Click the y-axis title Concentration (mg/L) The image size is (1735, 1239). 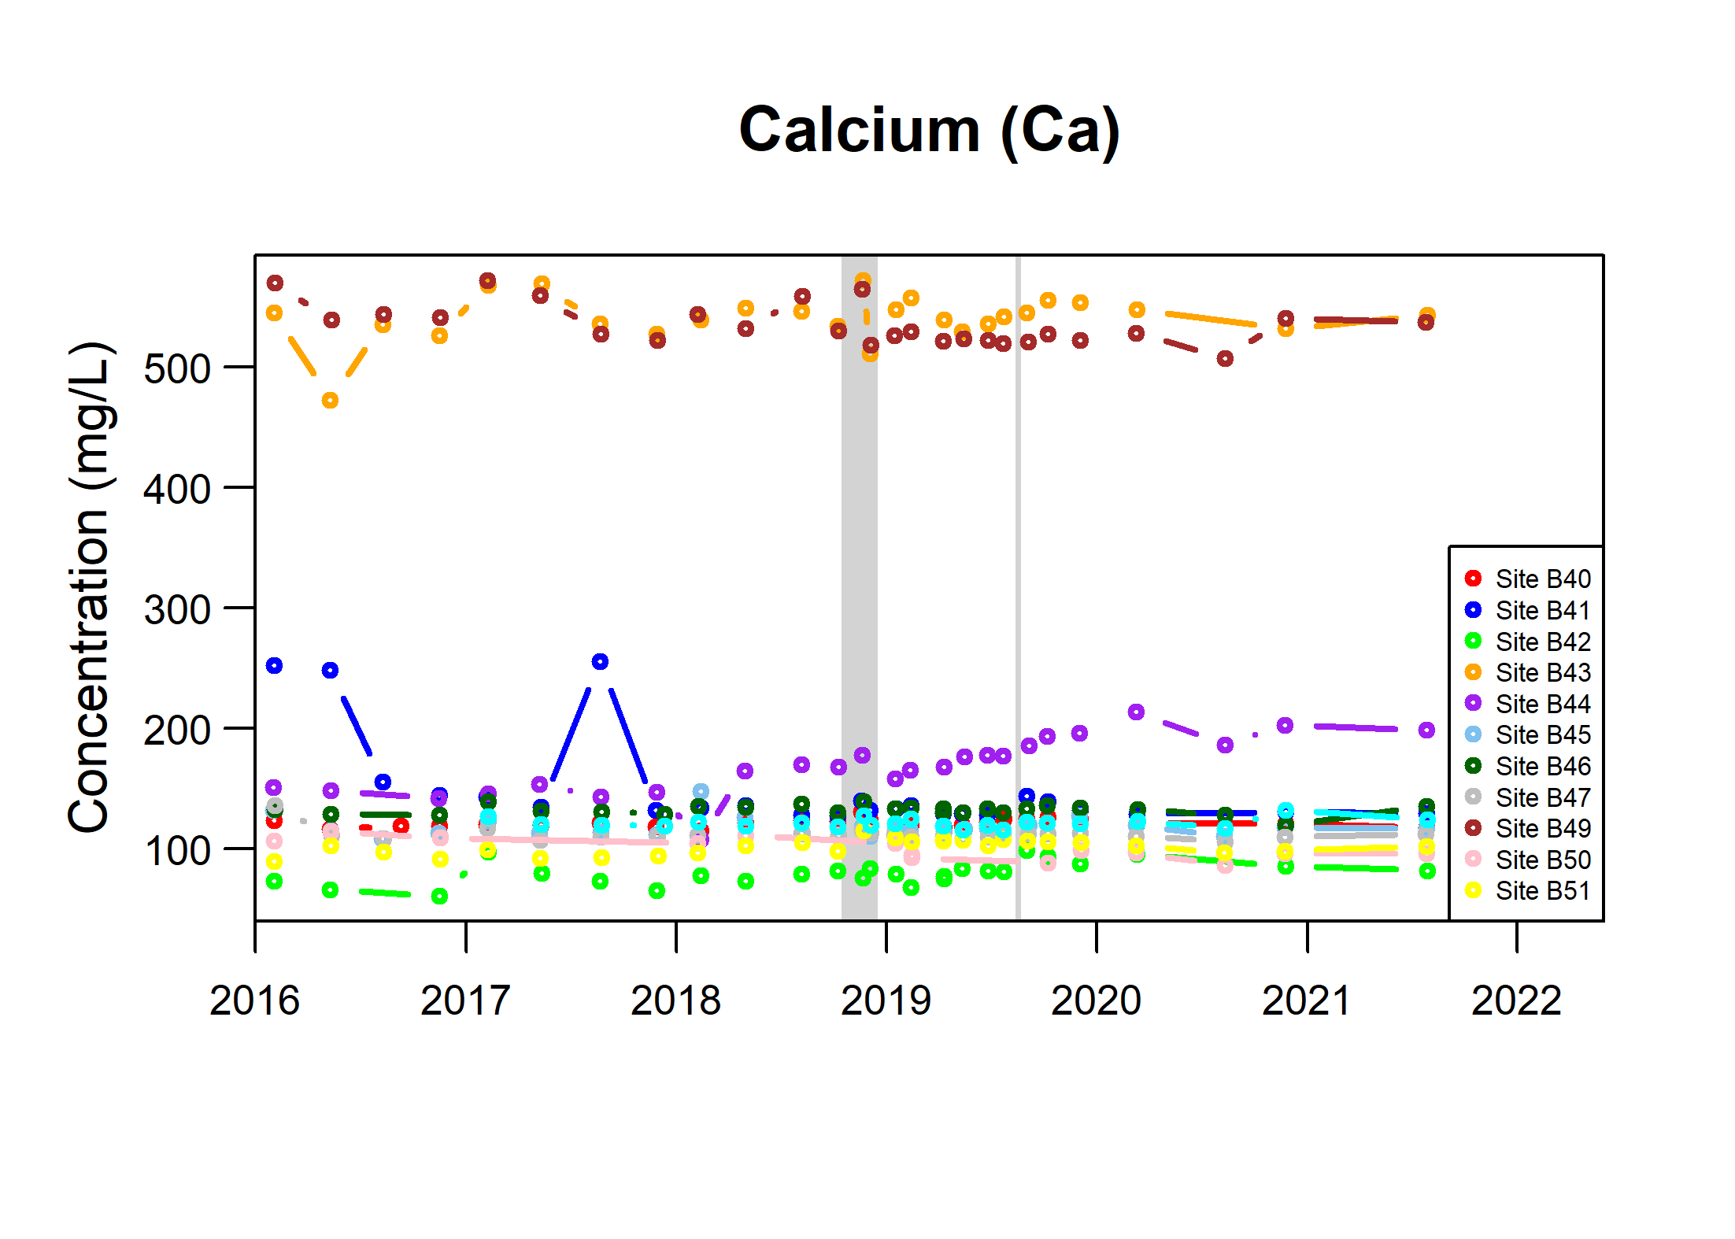[x=91, y=586]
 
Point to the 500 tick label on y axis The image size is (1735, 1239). [x=177, y=368]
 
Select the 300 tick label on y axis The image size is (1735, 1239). [x=177, y=609]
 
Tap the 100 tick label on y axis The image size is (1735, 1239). [x=177, y=850]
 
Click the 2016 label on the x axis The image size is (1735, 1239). [x=254, y=1000]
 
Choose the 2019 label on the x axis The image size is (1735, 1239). [x=886, y=1000]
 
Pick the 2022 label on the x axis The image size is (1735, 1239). [x=1516, y=1000]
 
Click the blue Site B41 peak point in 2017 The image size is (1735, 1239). [x=600, y=661]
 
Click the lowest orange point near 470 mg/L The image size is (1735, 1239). [x=330, y=400]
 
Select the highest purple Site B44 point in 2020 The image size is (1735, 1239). [x=1136, y=712]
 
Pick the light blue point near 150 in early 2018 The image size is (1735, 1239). [x=701, y=791]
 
